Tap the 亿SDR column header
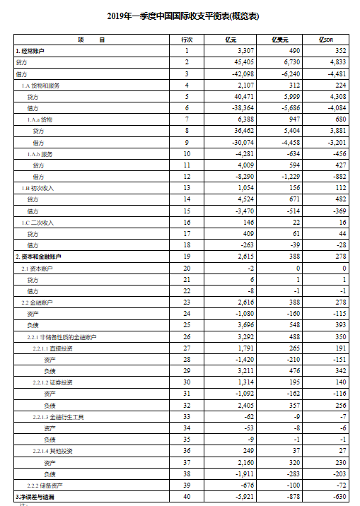[x=330, y=40]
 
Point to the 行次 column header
[x=187, y=40]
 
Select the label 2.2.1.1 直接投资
[x=52, y=348]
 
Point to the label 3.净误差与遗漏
[x=35, y=498]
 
